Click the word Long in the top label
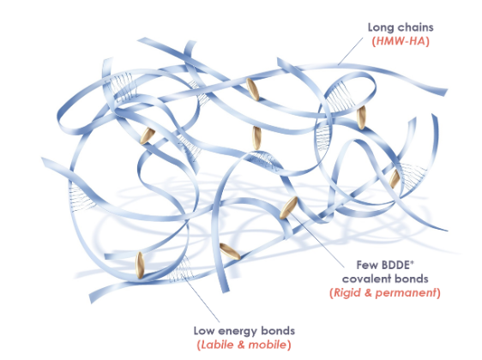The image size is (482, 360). tap(379, 28)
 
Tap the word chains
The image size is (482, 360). tap(413, 27)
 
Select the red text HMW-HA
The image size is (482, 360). tap(401, 41)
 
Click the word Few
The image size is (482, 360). tap(367, 265)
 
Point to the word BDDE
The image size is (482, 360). tap(395, 265)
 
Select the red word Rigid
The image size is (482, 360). tap(347, 293)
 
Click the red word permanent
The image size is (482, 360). tap(406, 293)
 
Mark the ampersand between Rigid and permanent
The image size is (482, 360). tap(368, 293)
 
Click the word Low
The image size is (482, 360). tap(204, 331)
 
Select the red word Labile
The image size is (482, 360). tap(217, 345)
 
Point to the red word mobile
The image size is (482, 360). tap(267, 345)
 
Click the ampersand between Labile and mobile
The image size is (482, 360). tap(241, 345)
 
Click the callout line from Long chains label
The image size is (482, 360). tap(351, 51)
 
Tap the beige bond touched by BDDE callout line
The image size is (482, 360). tap(288, 207)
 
